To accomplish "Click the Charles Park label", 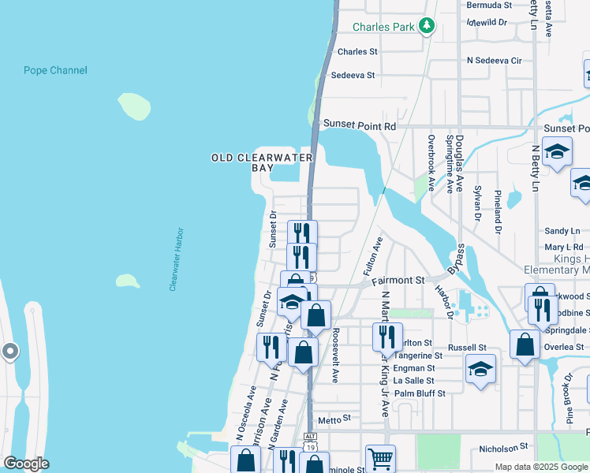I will (383, 27).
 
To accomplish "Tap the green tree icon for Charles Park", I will (427, 26).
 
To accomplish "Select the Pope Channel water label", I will (55, 71).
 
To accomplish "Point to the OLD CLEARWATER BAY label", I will (262, 162).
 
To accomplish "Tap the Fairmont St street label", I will (398, 280).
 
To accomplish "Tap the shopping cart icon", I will (380, 458).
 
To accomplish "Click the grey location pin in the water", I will (9, 351).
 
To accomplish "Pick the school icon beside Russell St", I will (480, 370).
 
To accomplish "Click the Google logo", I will (26, 464).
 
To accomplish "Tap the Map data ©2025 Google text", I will (540, 467).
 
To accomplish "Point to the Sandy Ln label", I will (562, 231).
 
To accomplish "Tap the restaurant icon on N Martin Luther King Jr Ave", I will (387, 337).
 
